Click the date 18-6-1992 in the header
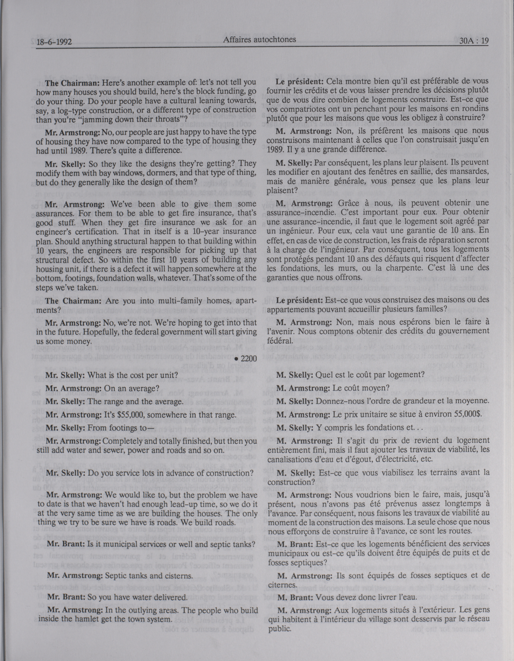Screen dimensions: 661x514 (x=54, y=42)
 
